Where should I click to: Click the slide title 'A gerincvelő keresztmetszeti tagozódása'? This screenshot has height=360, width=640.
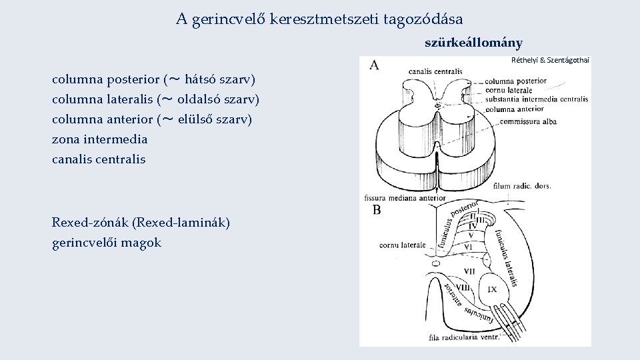pyautogui.click(x=319, y=19)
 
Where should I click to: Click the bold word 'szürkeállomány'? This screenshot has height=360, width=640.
pyautogui.click(x=473, y=43)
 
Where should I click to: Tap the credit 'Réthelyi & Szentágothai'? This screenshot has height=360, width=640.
pyautogui.click(x=551, y=60)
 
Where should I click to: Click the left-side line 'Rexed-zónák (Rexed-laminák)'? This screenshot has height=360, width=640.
pyautogui.click(x=141, y=223)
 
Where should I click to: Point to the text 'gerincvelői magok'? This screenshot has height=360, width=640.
pyautogui.click(x=107, y=243)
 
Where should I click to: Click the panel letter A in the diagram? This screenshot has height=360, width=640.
pyautogui.click(x=374, y=65)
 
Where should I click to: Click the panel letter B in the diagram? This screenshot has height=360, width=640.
pyautogui.click(x=377, y=211)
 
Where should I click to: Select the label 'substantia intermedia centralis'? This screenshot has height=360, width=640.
pyautogui.click(x=537, y=99)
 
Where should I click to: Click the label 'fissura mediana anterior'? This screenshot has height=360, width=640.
pyautogui.click(x=405, y=198)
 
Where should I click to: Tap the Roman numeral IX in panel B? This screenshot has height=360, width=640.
pyautogui.click(x=492, y=289)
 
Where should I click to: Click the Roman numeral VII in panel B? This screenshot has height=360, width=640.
pyautogui.click(x=469, y=271)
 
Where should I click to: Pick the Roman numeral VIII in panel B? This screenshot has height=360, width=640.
pyautogui.click(x=462, y=287)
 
